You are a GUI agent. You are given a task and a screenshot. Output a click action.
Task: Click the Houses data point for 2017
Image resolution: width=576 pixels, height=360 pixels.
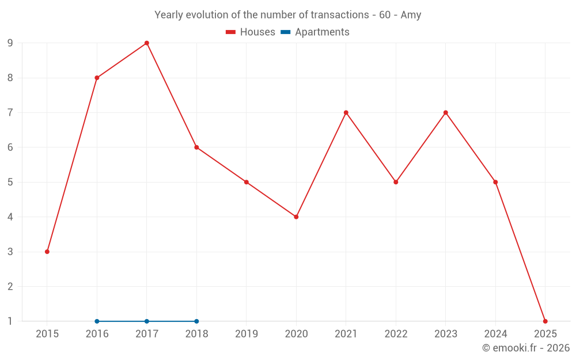click(147, 43)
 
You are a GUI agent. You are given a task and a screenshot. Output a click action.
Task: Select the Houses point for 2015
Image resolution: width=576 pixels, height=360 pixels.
click(47, 252)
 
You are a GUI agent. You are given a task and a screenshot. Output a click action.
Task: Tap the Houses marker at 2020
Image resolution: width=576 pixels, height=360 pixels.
click(296, 217)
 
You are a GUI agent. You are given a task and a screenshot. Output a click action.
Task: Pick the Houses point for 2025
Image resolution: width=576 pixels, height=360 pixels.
click(545, 321)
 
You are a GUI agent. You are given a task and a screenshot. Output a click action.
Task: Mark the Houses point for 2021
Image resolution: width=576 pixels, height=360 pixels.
click(346, 112)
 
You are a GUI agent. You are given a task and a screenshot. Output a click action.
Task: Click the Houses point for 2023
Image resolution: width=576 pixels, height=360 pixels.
click(446, 112)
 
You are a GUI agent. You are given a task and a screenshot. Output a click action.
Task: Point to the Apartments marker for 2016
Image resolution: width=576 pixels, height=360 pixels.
click(97, 321)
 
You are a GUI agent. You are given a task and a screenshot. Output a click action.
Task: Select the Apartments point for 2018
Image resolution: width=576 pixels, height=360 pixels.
click(196, 321)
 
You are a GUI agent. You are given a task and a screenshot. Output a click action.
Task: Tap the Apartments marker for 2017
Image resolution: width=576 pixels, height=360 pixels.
click(147, 321)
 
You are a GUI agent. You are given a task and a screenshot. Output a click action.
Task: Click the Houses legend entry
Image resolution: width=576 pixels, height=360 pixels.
click(251, 32)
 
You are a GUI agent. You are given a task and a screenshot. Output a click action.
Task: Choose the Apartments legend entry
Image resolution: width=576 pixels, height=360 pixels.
click(315, 32)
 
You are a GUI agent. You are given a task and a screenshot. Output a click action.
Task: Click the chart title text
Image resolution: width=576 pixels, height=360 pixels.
click(288, 15)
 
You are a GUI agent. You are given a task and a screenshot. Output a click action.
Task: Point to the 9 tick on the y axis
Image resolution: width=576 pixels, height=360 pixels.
click(10, 43)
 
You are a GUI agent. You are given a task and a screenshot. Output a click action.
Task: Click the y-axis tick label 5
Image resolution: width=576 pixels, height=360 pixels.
click(10, 182)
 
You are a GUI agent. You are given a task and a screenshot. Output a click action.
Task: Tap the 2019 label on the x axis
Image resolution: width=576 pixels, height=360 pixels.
click(247, 334)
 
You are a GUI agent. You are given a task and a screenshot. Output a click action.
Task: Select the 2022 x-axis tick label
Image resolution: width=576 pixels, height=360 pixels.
click(396, 334)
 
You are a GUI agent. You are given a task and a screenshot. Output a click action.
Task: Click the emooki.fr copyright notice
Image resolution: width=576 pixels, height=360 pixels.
click(526, 348)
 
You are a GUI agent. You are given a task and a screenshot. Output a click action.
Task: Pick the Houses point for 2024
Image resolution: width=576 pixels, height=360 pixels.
click(495, 182)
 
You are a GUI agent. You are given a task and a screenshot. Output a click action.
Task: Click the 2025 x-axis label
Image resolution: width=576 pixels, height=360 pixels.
click(545, 334)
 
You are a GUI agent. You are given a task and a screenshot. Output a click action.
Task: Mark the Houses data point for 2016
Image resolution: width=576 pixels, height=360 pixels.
click(97, 78)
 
